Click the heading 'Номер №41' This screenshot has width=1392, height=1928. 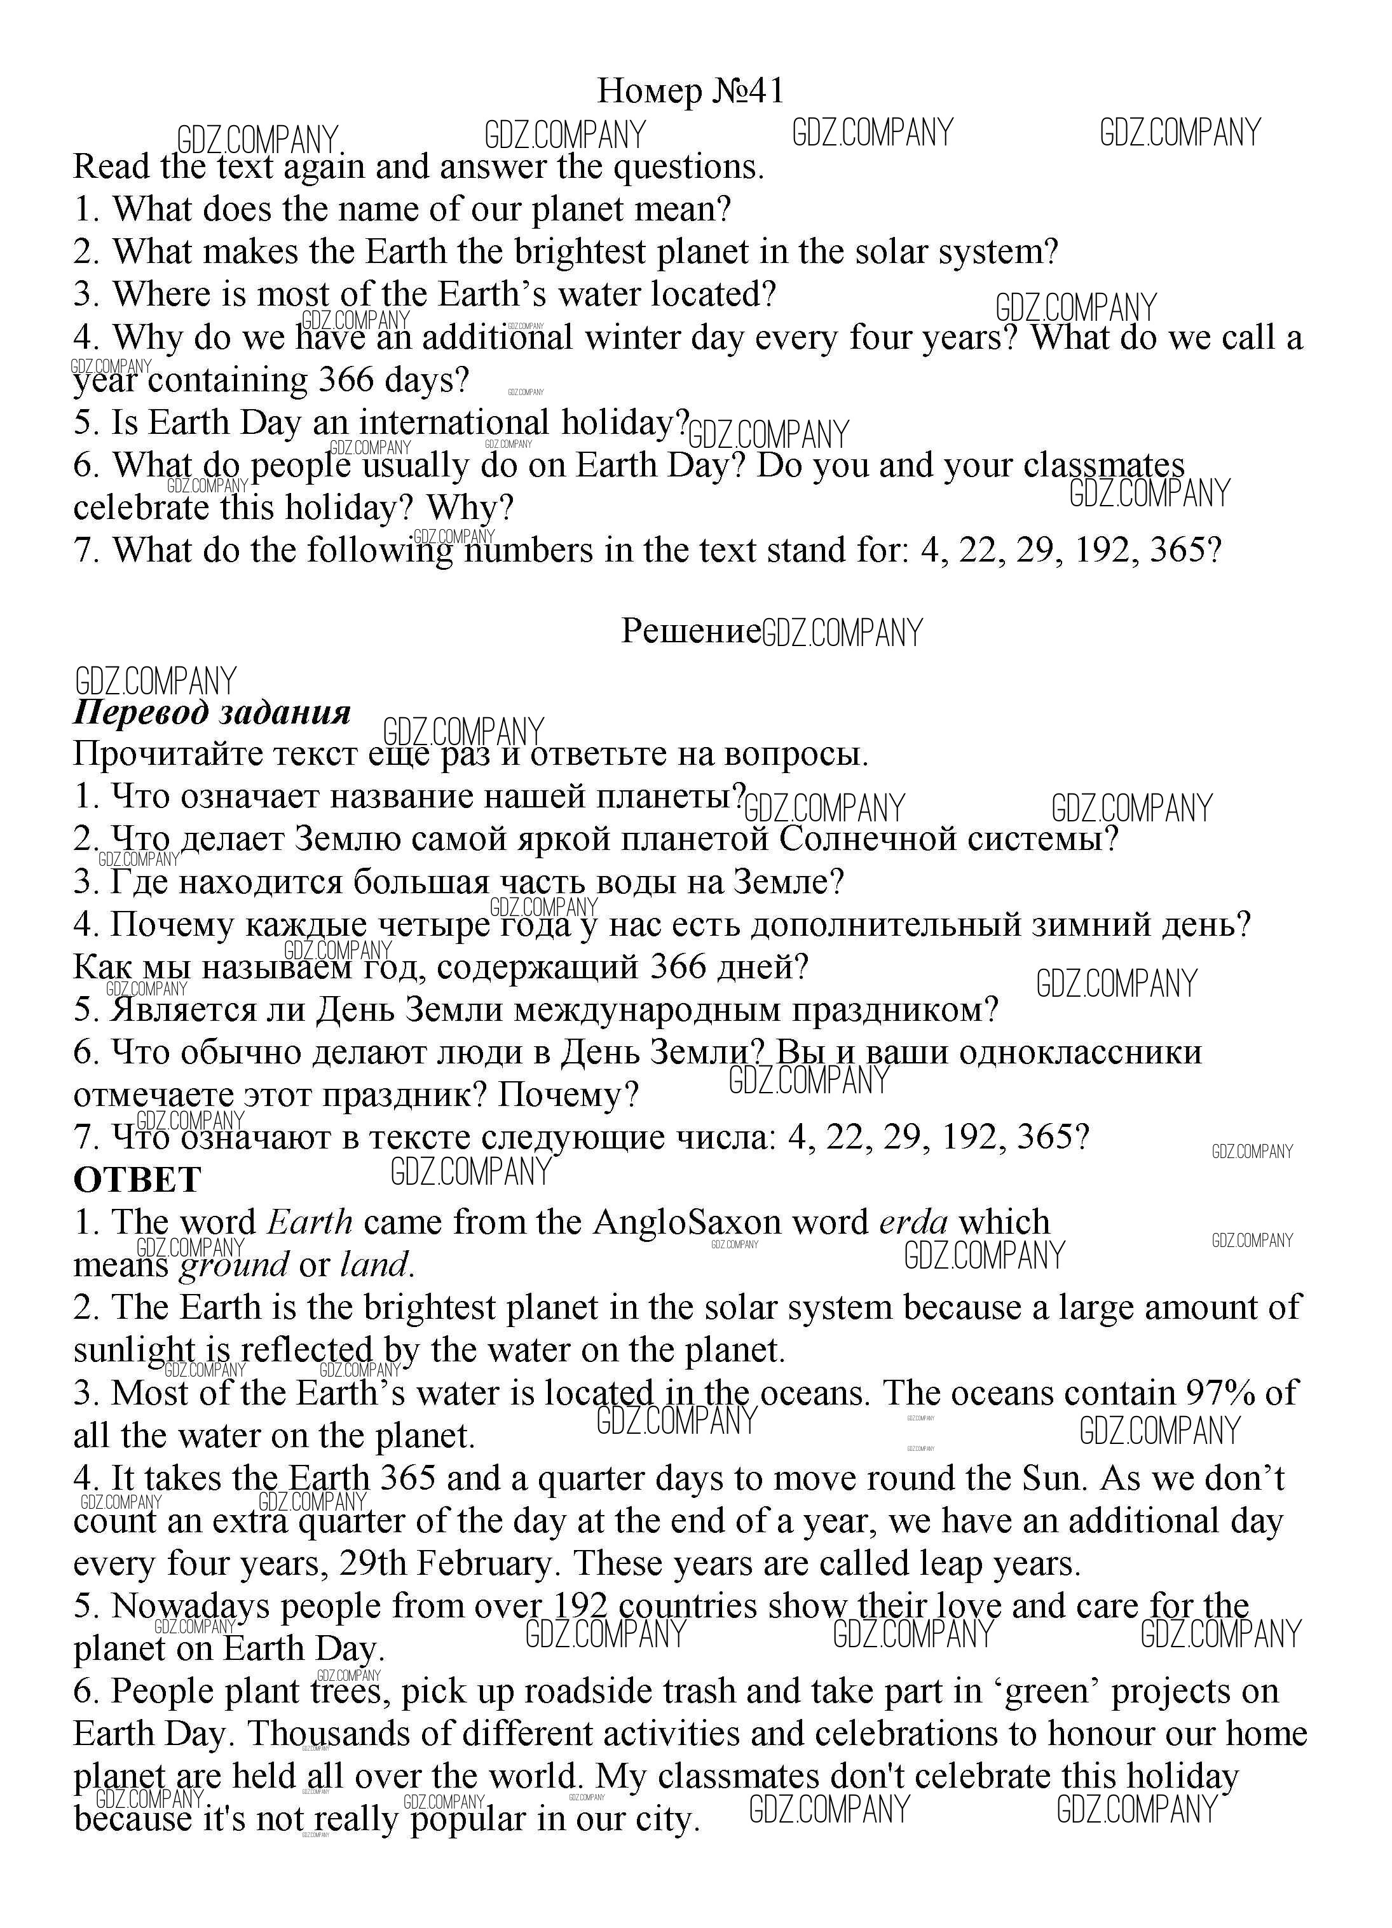click(x=690, y=91)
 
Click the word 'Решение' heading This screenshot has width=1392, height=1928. click(x=690, y=631)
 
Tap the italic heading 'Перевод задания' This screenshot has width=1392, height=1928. click(x=212, y=711)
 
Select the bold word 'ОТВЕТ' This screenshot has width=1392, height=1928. click(x=137, y=1180)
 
